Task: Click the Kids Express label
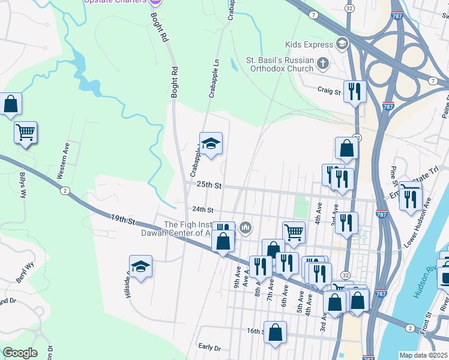point(309,44)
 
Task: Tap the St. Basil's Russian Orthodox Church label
point(280,64)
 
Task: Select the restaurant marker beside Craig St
point(355,92)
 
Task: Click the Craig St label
point(329,92)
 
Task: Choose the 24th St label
point(202,209)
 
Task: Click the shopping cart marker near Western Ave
point(25,132)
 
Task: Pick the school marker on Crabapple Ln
point(211,143)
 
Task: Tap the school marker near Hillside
point(140,267)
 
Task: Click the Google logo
point(20,353)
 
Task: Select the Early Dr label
point(209,347)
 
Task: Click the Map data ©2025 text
point(423,355)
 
